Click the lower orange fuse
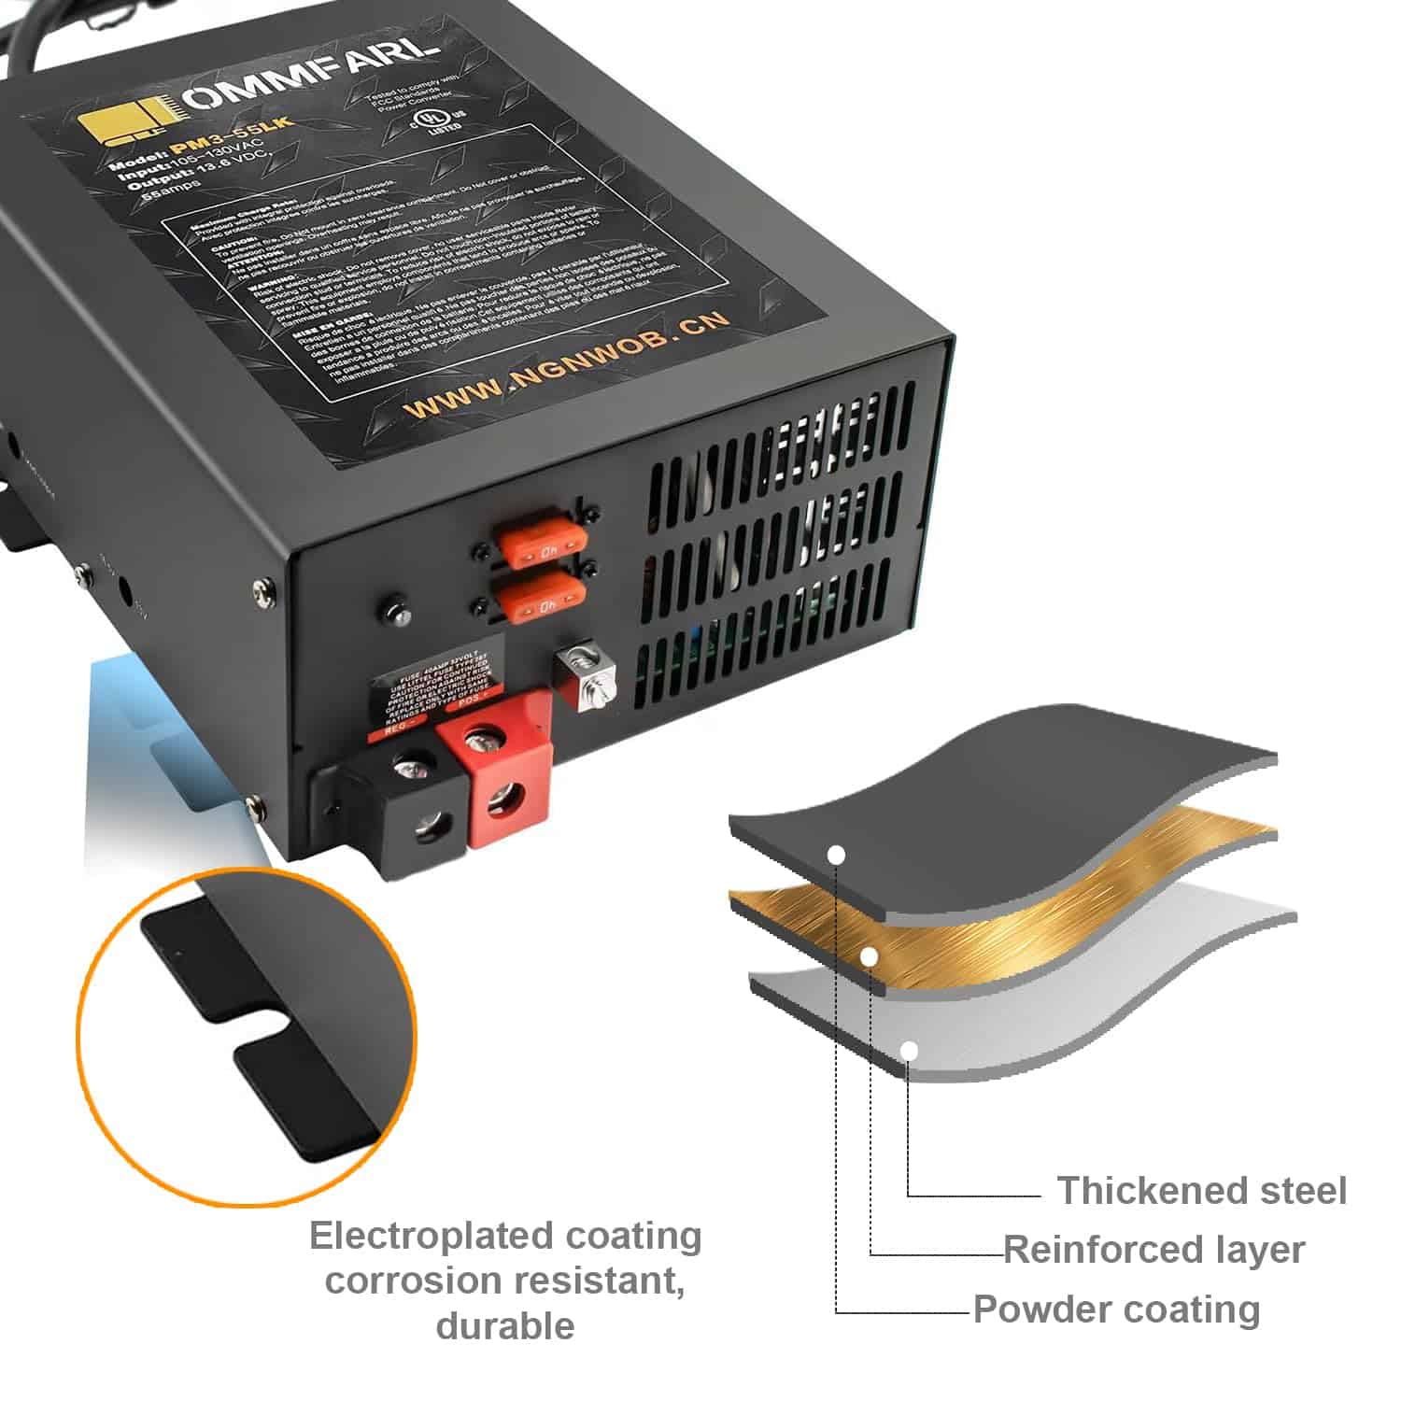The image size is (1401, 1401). click(538, 599)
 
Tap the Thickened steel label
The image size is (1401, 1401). click(1201, 1191)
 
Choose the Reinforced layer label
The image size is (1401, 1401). click(1153, 1250)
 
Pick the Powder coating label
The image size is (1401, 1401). click(1116, 1309)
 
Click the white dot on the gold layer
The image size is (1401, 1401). click(869, 956)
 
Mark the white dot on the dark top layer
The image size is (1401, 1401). click(837, 855)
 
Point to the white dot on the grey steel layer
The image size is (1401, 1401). click(909, 1052)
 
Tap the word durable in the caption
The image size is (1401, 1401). click(504, 1325)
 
